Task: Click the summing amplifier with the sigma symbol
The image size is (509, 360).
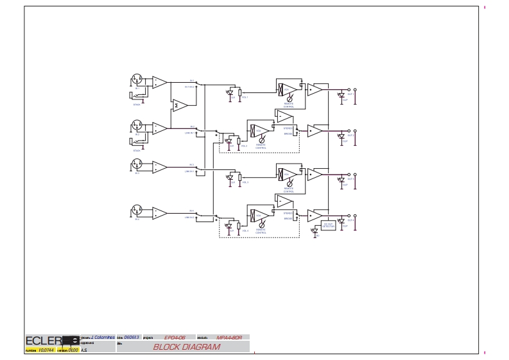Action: [179, 103]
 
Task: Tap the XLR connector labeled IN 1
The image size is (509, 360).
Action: [136, 81]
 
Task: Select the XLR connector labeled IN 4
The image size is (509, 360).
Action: [136, 211]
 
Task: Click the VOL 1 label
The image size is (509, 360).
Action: [244, 98]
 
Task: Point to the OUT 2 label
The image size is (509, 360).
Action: [350, 135]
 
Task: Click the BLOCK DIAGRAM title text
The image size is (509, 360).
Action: [185, 347]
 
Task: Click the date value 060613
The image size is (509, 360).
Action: [131, 337]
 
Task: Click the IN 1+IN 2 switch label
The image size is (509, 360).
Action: [190, 87]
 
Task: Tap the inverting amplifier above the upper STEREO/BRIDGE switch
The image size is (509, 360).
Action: [284, 116]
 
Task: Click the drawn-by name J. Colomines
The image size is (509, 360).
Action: [102, 337]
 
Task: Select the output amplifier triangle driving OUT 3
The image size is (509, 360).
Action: [316, 174]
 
